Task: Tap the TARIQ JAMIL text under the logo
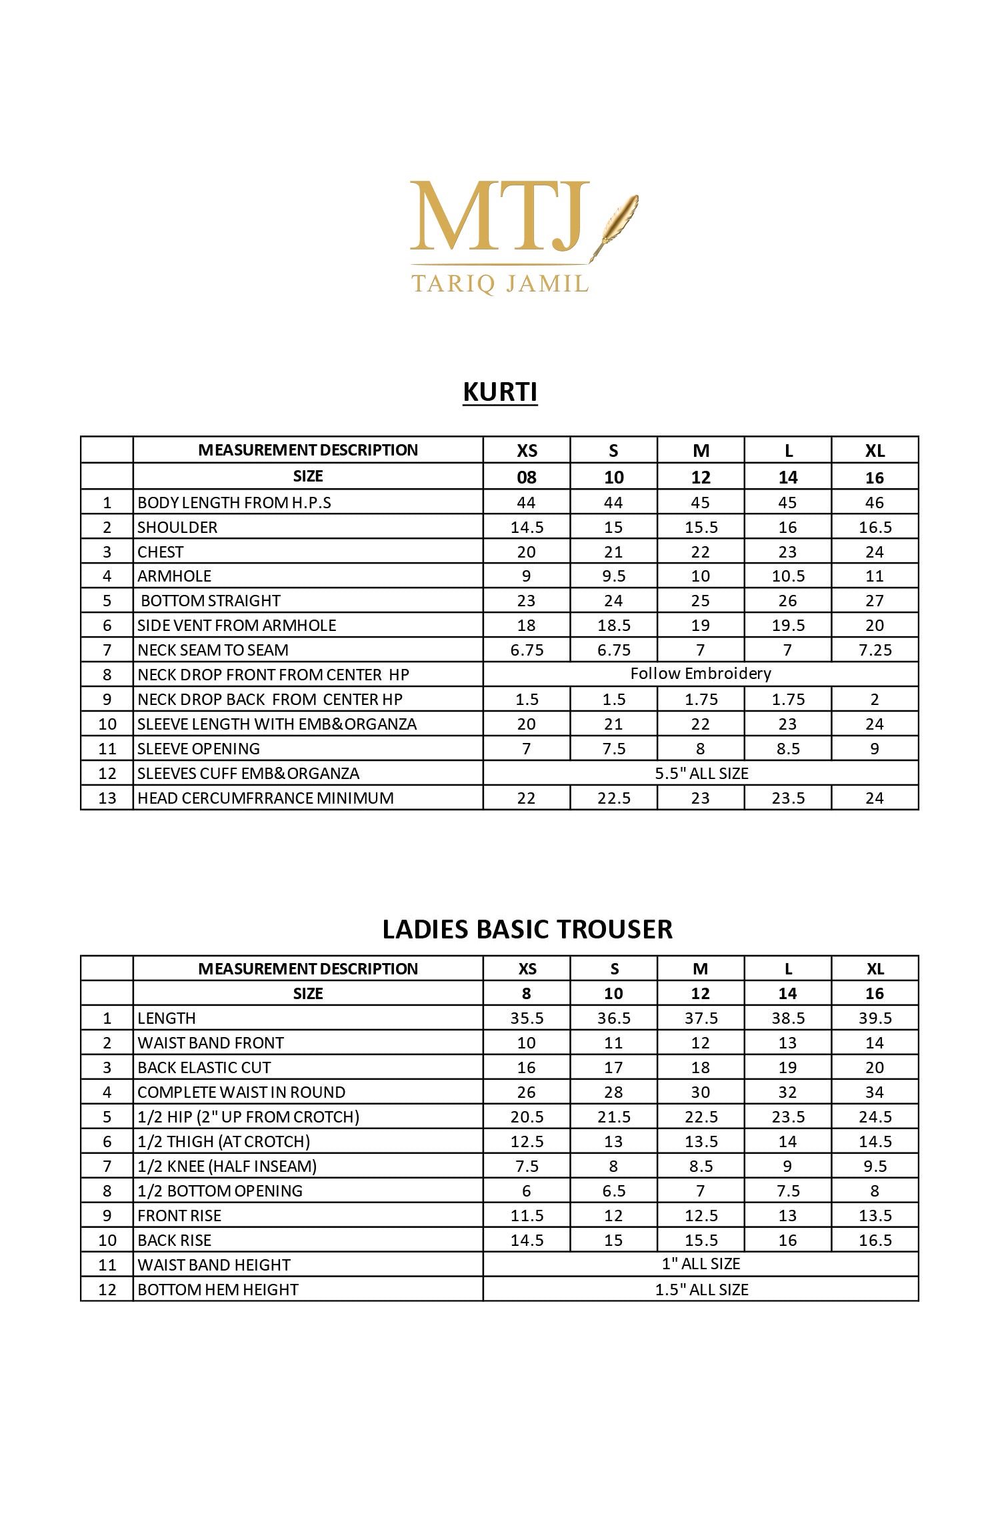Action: (500, 283)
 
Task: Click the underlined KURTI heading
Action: (500, 392)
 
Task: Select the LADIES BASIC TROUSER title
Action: (527, 929)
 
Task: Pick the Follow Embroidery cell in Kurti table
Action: (701, 674)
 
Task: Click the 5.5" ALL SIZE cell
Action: (701, 773)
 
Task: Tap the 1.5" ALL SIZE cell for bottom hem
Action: (701, 1289)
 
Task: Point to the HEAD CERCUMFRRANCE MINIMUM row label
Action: (265, 798)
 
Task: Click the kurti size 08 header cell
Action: (527, 477)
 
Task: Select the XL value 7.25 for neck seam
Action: (875, 650)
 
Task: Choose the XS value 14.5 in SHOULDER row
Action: (527, 527)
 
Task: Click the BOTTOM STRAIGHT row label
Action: (210, 600)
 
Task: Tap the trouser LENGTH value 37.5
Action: (701, 1018)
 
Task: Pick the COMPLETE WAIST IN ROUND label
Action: (241, 1092)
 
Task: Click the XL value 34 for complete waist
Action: (875, 1092)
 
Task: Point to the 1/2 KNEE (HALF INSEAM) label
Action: (227, 1166)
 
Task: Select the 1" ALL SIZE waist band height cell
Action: (701, 1264)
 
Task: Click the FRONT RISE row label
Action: (179, 1215)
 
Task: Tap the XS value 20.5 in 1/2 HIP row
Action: (527, 1116)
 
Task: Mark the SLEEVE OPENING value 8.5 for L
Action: (788, 748)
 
